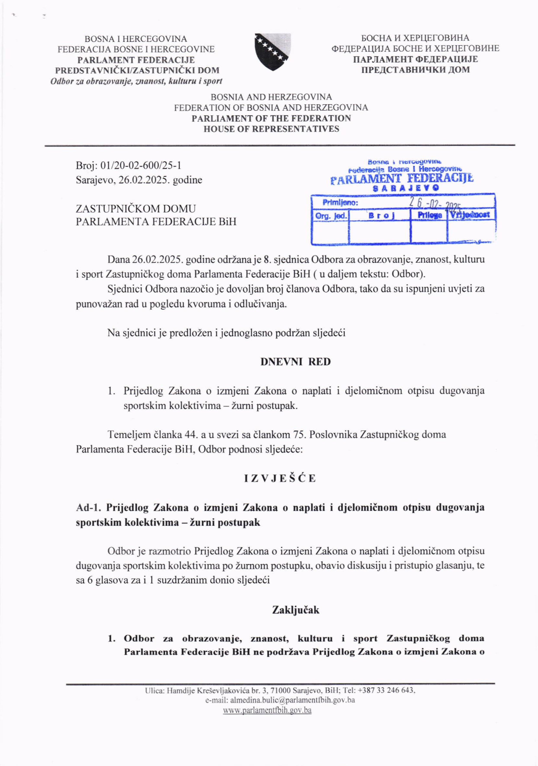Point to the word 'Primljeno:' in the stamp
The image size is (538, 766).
(x=340, y=202)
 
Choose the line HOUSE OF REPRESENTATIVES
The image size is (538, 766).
(x=271, y=129)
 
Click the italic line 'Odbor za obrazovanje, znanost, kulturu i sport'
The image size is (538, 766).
(x=136, y=81)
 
